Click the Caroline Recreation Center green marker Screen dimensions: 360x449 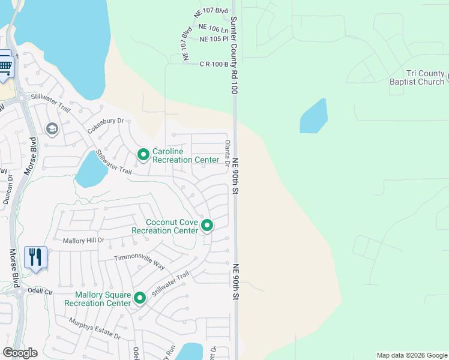(143, 155)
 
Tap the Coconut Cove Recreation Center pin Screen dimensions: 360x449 (207, 226)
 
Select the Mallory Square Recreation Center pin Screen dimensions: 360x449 (140, 298)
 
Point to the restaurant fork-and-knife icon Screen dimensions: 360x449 (35, 257)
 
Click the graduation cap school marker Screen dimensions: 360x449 (52, 129)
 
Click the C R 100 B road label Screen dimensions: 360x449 (214, 64)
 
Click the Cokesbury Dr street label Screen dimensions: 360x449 (105, 125)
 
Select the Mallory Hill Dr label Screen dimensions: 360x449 (84, 240)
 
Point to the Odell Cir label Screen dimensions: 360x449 (41, 290)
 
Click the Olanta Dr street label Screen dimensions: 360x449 (228, 154)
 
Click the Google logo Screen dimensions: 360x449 (20, 352)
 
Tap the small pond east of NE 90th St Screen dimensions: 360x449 (314, 116)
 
